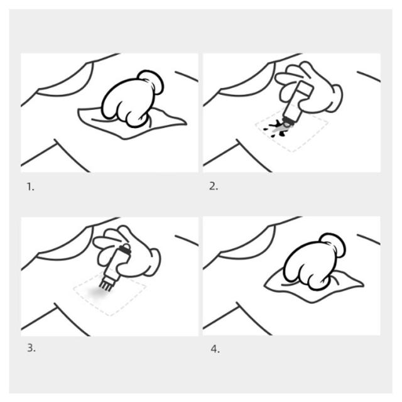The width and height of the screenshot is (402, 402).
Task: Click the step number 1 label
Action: (x=31, y=187)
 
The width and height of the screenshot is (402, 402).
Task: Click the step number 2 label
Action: (x=214, y=187)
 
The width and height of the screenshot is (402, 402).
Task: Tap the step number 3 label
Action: (x=31, y=348)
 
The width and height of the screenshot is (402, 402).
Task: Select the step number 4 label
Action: (x=215, y=349)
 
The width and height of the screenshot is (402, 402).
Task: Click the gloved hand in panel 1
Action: (x=131, y=100)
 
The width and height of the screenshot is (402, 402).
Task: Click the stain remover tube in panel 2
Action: (x=297, y=105)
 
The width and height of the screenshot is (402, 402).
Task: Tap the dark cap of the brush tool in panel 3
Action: (x=124, y=249)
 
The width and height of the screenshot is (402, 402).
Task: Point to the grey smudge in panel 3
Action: (x=98, y=293)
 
